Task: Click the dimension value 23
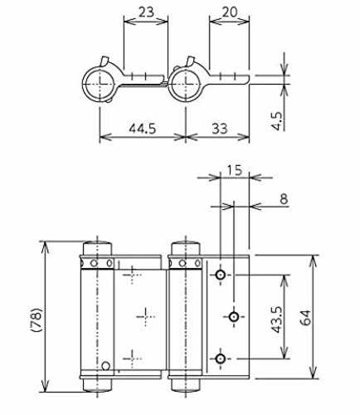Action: pos(146,12)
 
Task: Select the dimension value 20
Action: pos(230,12)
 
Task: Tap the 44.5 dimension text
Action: pos(143,129)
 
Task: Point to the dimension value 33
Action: pos(220,129)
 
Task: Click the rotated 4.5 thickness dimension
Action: pos(276,120)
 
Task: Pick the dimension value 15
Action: pos(235,170)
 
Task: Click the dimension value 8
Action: pos(284,199)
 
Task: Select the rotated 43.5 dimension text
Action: pos(276,320)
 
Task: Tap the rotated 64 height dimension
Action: pos(305,318)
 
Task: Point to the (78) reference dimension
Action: pos(36,320)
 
